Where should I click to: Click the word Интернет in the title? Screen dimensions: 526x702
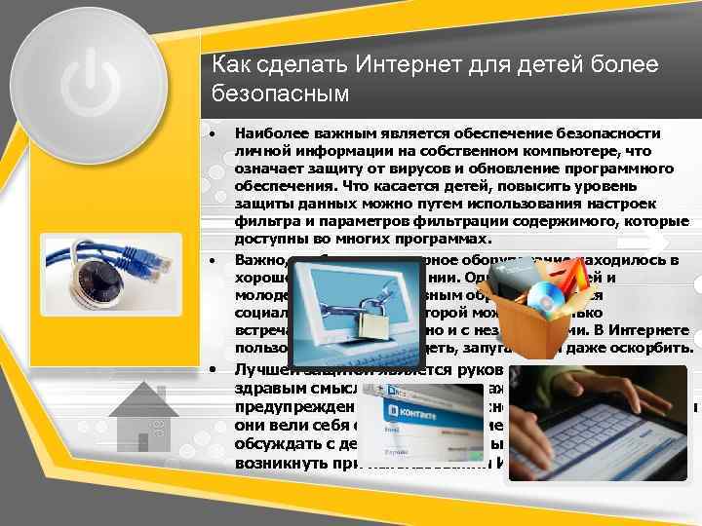pyautogui.click(x=411, y=65)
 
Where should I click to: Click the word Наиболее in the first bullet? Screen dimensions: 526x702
pyautogui.click(x=272, y=132)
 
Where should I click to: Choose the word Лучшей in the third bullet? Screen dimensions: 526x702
pyautogui.click(x=265, y=369)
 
